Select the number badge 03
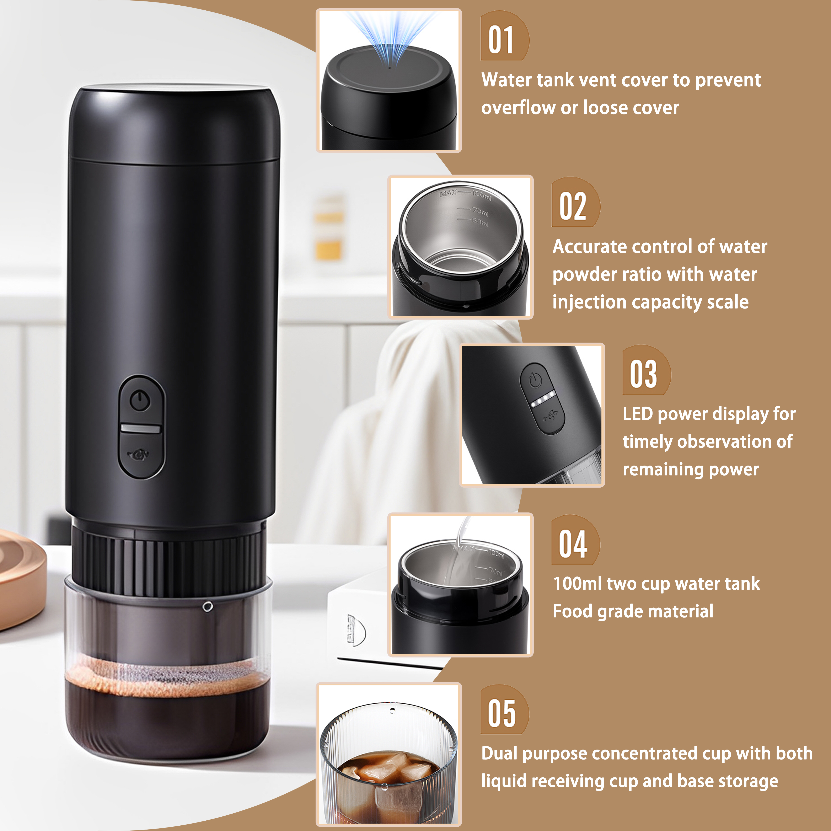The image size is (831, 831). [x=646, y=370]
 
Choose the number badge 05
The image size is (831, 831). [x=504, y=709]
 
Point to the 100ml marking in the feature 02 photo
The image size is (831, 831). [x=481, y=196]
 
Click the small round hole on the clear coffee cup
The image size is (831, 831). [x=208, y=607]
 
